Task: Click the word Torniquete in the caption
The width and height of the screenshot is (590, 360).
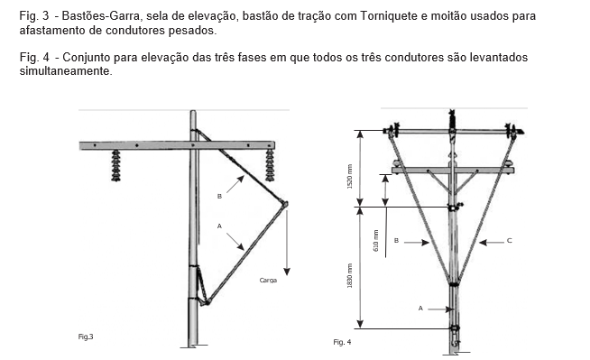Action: tap(388, 16)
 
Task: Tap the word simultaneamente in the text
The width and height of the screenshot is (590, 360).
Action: tap(66, 70)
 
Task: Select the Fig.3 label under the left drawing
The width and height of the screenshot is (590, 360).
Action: tap(86, 337)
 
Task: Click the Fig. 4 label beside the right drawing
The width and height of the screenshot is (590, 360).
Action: tap(342, 342)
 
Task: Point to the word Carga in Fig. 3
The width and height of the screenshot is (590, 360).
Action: tap(268, 281)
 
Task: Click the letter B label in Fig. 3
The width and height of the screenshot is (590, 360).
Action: tap(219, 197)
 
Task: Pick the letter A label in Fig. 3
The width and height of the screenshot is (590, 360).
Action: tap(219, 226)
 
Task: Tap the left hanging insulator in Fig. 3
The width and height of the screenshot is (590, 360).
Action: tap(115, 165)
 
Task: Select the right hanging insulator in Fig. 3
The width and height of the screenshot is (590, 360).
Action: tap(270, 165)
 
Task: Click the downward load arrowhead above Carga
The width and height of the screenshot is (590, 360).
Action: tap(287, 272)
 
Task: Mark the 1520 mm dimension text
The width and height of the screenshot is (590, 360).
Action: tap(350, 177)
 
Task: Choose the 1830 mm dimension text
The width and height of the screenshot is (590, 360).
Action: tap(350, 276)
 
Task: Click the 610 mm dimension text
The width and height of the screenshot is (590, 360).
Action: tap(376, 241)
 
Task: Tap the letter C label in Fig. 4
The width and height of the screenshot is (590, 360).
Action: tap(509, 240)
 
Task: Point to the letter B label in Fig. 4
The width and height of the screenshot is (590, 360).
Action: tap(396, 240)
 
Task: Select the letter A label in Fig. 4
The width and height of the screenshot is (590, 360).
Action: tap(420, 309)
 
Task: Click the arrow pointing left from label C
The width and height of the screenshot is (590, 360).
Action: tap(492, 243)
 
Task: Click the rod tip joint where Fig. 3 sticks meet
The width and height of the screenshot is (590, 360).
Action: tap(285, 204)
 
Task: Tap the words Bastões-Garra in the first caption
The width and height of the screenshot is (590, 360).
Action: tap(102, 16)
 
